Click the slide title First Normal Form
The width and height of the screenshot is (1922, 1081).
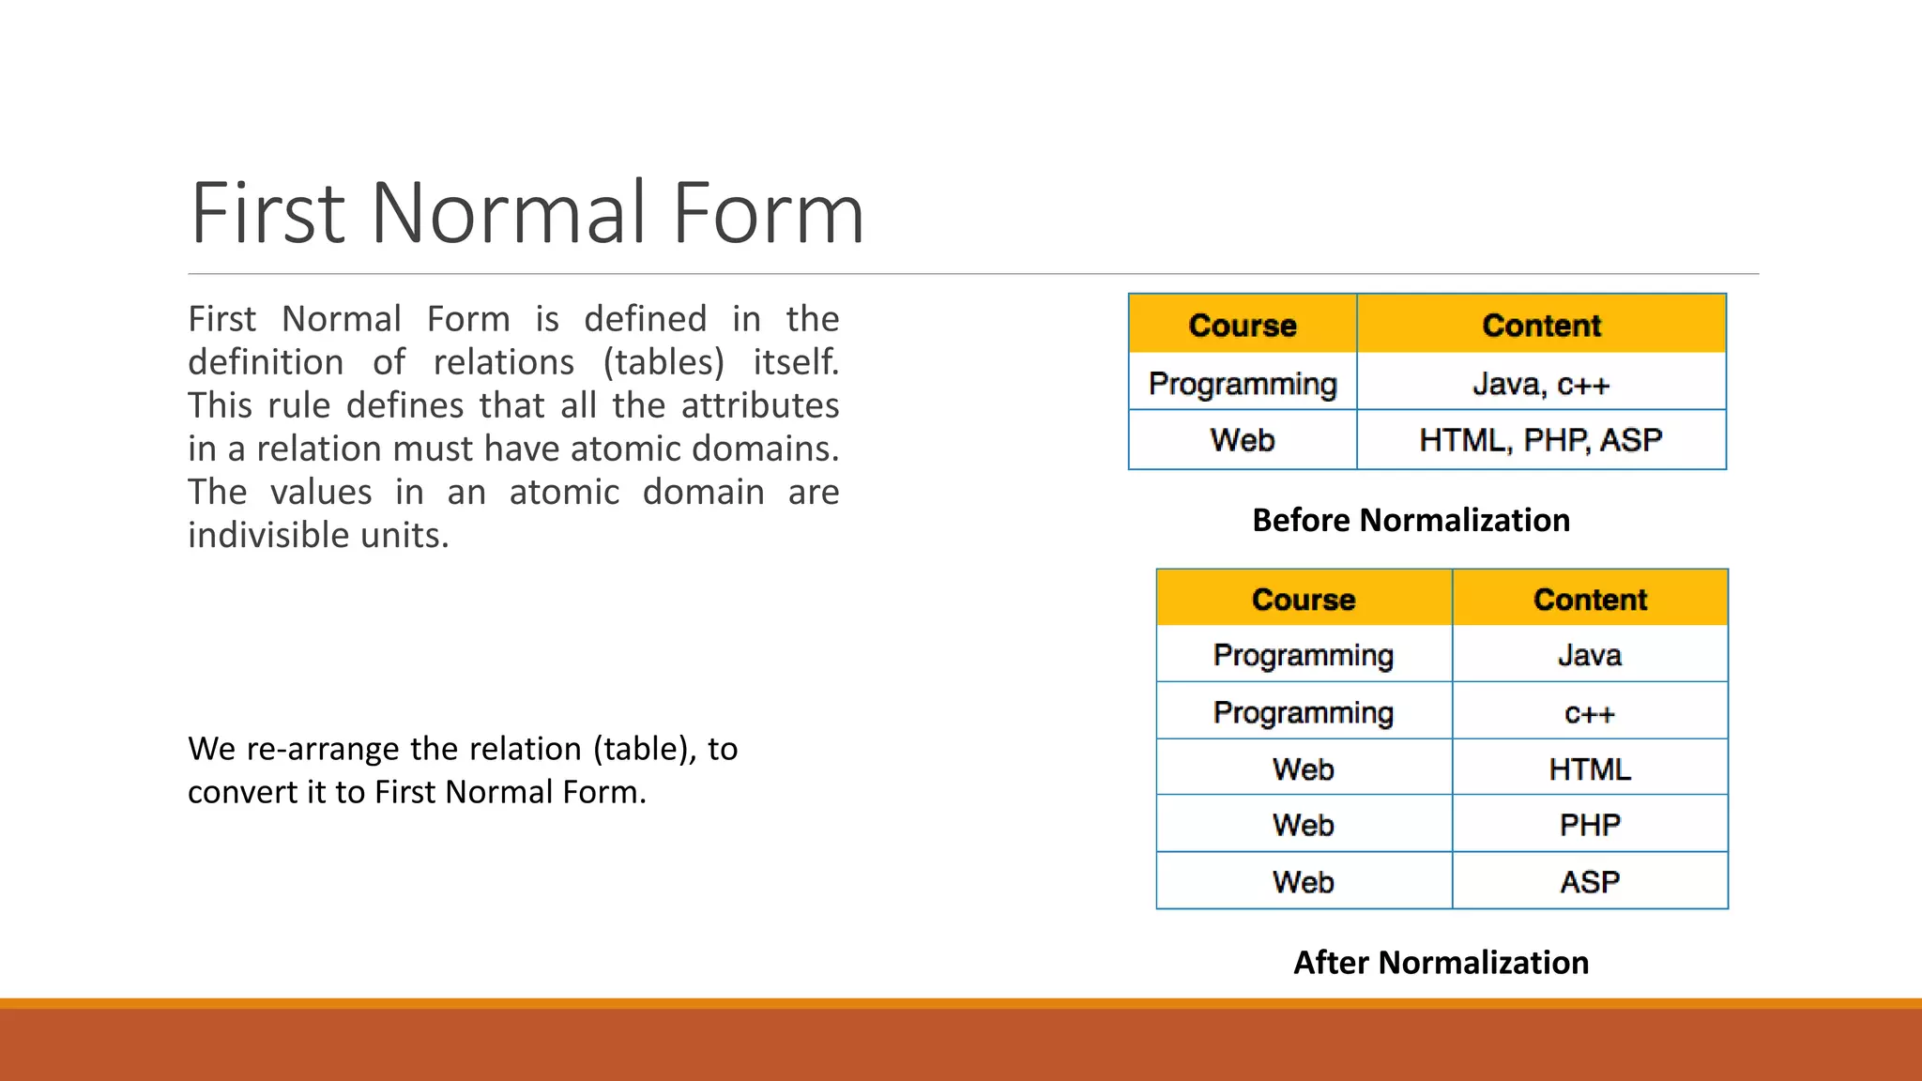coord(526,214)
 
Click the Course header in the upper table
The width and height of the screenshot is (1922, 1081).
coord(1242,325)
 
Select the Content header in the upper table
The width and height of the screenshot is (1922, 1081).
coord(1541,325)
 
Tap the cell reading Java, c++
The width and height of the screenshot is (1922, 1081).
coord(1541,384)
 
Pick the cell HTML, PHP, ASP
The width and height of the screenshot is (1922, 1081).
coord(1541,439)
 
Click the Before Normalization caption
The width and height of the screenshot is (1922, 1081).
coord(1411,520)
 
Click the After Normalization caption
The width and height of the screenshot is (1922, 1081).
coord(1441,963)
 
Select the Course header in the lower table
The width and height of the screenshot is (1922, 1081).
coord(1303,599)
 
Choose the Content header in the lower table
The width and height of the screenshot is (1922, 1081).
coord(1590,599)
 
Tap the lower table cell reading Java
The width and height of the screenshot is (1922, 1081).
coord(1590,655)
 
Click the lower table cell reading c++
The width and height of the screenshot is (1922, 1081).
coord(1590,713)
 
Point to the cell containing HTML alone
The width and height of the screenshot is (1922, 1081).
coord(1590,769)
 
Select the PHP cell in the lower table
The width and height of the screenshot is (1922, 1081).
coord(1590,825)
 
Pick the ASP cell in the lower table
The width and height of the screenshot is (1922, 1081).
coord(1590,882)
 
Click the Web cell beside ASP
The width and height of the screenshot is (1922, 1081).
coord(1303,882)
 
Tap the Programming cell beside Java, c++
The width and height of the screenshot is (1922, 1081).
coord(1242,384)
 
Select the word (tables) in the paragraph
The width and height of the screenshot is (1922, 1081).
coord(664,362)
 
